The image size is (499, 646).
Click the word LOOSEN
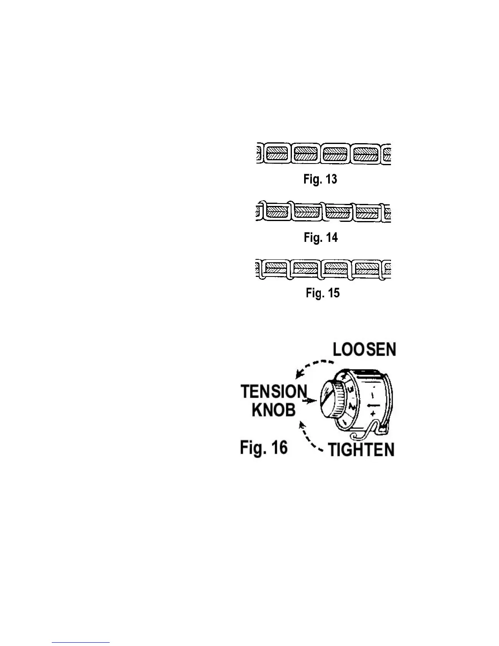(364, 350)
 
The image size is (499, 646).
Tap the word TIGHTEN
(361, 450)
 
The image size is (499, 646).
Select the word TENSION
(274, 392)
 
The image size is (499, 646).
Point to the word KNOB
(273, 410)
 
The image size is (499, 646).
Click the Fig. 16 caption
(263, 447)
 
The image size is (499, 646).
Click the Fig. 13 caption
(320, 179)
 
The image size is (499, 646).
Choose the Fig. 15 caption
(322, 293)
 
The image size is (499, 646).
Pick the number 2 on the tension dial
(351, 406)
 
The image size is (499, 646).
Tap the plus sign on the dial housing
(373, 414)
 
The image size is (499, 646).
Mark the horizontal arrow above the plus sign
(373, 406)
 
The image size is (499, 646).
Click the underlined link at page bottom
(81, 642)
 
